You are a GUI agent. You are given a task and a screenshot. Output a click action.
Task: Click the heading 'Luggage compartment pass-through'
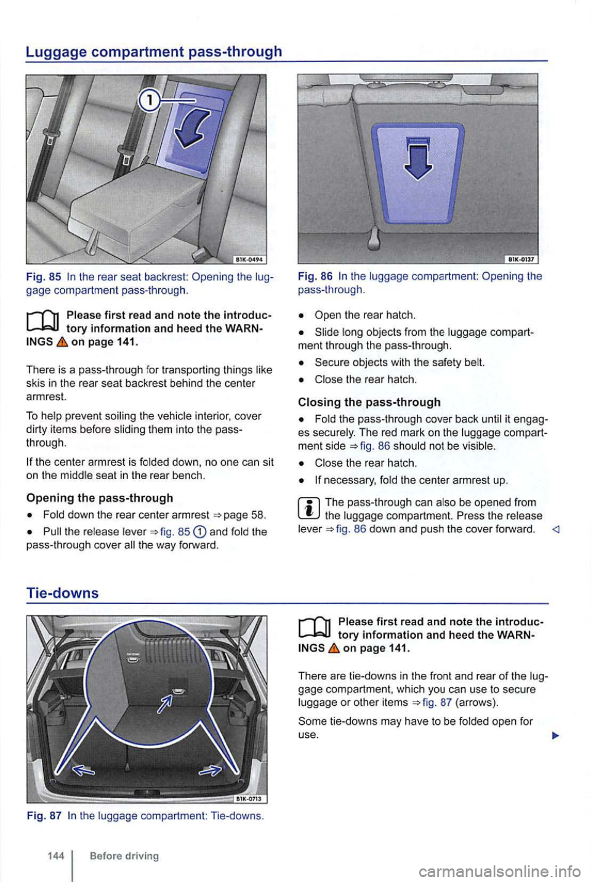[154, 51]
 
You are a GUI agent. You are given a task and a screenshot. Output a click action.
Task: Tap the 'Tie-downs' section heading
[62, 593]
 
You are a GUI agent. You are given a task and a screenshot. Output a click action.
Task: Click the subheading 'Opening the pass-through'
[100, 498]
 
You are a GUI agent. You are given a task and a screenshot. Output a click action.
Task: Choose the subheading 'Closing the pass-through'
[369, 402]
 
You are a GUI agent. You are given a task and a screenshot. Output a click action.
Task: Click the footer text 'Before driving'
[124, 856]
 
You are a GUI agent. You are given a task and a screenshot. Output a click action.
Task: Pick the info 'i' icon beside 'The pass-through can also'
[308, 509]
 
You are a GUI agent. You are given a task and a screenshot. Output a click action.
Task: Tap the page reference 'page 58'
[244, 514]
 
